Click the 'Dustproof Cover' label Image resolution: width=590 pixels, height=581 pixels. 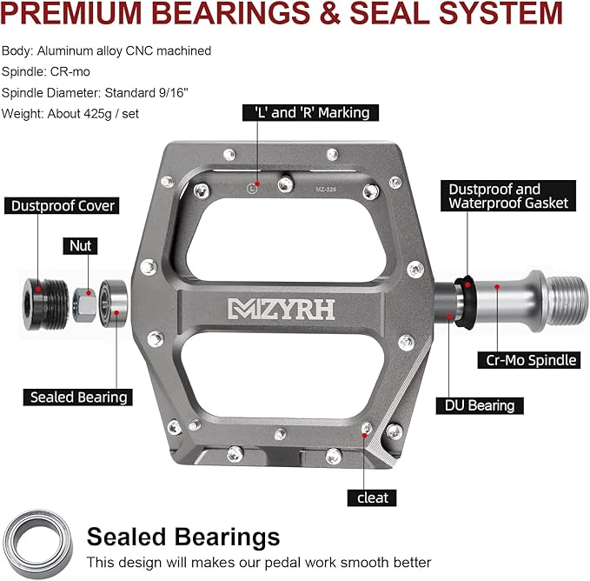[62, 205]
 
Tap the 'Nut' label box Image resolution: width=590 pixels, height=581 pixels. [80, 246]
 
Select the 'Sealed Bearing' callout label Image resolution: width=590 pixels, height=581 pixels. [78, 397]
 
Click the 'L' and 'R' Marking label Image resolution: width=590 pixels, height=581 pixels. [310, 112]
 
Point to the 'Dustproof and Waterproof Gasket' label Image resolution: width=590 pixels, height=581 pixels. [508, 196]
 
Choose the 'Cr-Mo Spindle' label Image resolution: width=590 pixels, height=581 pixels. [529, 360]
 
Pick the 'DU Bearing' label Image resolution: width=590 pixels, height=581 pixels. [480, 405]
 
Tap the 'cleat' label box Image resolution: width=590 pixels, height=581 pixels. [372, 498]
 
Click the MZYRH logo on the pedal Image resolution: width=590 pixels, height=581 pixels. [282, 309]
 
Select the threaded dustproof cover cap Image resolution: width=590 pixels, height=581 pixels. [45, 304]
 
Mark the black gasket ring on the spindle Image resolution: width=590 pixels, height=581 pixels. [466, 302]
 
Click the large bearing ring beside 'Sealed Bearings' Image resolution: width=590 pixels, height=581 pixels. [38, 544]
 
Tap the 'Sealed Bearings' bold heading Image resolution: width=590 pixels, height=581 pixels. [183, 536]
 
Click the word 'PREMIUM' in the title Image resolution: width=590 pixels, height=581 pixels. [70, 13]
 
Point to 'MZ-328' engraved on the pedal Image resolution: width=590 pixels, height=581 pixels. [326, 190]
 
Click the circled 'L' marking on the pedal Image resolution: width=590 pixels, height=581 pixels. [252, 188]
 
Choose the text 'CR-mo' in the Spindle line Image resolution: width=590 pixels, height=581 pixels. [70, 71]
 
